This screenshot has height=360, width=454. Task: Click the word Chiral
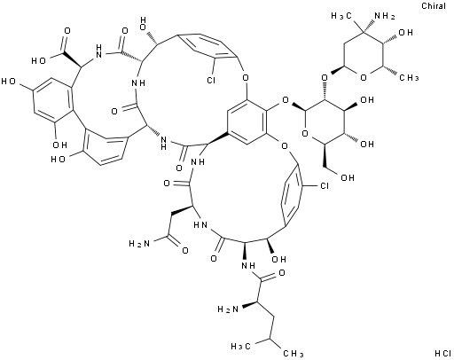pyautogui.click(x=434, y=5)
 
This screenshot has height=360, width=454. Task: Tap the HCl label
pyautogui.click(x=442, y=353)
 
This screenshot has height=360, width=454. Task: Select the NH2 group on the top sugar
pyautogui.click(x=385, y=17)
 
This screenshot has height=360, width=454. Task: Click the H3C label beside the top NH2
pyautogui.click(x=341, y=16)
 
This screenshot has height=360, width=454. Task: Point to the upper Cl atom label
pyautogui.click(x=211, y=80)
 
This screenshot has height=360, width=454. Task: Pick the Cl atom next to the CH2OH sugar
pyautogui.click(x=325, y=185)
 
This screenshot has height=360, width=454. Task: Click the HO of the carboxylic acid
pyautogui.click(x=38, y=60)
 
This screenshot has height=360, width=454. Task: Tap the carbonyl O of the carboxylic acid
pyautogui.click(x=67, y=31)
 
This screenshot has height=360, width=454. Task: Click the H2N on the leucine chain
pyautogui.click(x=228, y=309)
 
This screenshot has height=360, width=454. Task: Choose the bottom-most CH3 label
pyautogui.click(x=293, y=353)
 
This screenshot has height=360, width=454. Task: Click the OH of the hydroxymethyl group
pyautogui.click(x=347, y=177)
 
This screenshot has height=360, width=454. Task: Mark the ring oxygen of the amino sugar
pyautogui.click(x=364, y=77)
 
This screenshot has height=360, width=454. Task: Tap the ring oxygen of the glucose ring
pyautogui.click(x=305, y=134)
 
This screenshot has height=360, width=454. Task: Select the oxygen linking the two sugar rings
pyautogui.click(x=325, y=78)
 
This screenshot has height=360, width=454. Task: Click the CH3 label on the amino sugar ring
pyautogui.click(x=410, y=78)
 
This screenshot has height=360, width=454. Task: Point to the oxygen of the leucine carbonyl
pyautogui.click(x=282, y=272)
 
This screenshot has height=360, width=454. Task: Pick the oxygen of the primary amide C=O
pyautogui.click(x=185, y=251)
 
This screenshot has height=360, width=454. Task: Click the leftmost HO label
pyautogui.click(x=8, y=81)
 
